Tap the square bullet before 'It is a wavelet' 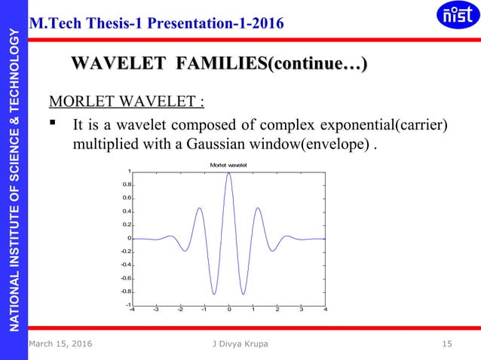tap(54, 123)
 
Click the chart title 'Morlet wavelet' tap(228, 164)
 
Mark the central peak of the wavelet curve tap(228, 173)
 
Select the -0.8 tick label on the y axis tap(127, 291)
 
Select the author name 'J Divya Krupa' tap(240, 344)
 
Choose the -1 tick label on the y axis tap(127, 304)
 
